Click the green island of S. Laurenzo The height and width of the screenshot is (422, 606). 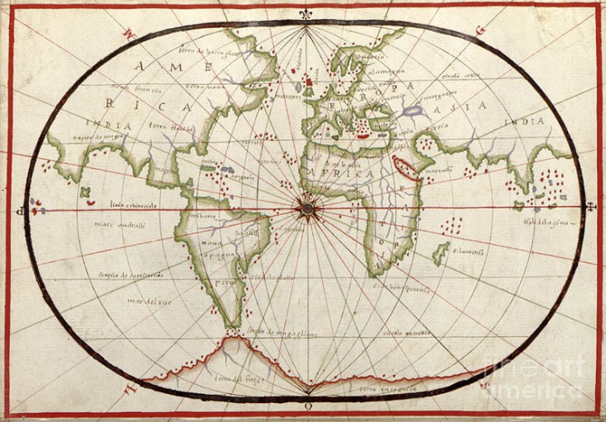[x=441, y=252]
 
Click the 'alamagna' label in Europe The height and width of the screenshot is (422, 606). [x=385, y=71]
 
